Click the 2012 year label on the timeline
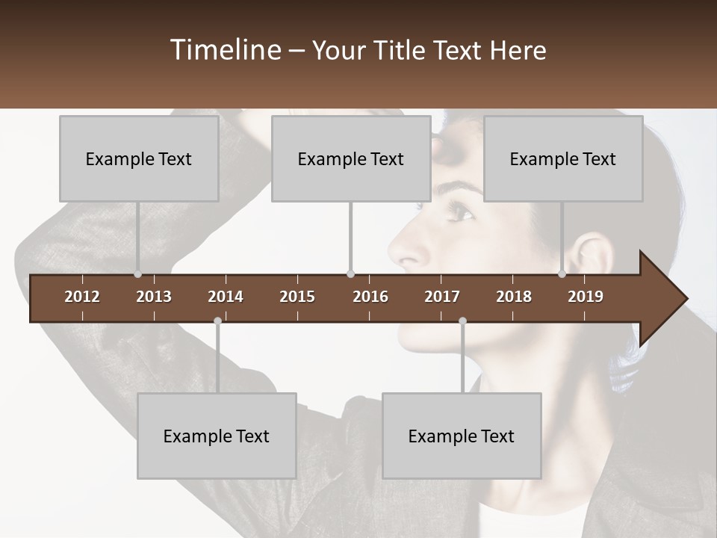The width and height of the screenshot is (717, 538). (82, 297)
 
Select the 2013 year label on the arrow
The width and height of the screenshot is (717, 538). (154, 297)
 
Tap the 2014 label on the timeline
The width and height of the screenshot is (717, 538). (226, 297)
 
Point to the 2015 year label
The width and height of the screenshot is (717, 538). (297, 297)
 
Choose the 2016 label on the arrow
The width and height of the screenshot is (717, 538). (370, 297)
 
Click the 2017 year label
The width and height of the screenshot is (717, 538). (442, 297)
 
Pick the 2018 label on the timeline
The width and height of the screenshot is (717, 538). (514, 297)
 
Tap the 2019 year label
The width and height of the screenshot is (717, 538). (586, 297)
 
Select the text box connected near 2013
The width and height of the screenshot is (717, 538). (139, 159)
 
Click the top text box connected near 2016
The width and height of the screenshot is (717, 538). (351, 159)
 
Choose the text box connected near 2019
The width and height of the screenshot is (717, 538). (563, 159)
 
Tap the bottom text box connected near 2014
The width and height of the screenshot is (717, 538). (217, 436)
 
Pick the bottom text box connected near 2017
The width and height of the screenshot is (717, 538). (462, 436)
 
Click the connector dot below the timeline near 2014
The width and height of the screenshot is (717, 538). (217, 321)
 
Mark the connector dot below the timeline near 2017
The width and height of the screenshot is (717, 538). (462, 321)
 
